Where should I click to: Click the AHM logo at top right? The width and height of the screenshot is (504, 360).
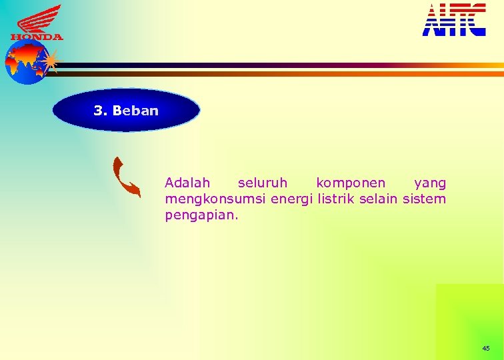[x=454, y=20]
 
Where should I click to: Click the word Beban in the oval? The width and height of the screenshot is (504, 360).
[x=136, y=111]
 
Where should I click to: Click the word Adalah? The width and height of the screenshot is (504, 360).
[x=187, y=183]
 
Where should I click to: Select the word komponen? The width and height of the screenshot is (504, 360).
[x=351, y=183]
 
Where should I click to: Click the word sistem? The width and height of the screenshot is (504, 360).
[x=429, y=199]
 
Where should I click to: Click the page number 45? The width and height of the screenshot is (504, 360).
[x=485, y=349]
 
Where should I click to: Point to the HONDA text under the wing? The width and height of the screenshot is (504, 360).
[x=37, y=37]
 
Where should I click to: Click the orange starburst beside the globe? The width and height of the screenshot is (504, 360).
[x=50, y=61]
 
